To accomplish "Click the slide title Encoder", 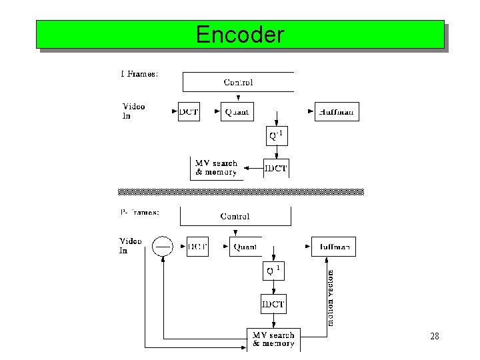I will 240,34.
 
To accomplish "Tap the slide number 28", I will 434,337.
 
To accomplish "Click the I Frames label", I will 139,74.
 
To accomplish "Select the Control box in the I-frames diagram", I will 238,82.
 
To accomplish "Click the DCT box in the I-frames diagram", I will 189,112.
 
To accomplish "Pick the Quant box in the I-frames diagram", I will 236,112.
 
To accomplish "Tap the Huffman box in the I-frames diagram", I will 337,112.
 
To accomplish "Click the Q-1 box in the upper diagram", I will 276,136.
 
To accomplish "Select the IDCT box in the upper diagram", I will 276,168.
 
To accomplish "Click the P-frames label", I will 139,212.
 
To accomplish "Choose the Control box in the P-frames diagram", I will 235,216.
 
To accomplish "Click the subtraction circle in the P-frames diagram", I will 163,247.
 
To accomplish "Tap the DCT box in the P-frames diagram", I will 197,247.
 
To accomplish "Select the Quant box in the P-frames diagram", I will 245,247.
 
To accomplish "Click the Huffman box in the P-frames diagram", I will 333,247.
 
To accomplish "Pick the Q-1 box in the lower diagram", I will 273,271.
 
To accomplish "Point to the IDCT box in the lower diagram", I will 273,305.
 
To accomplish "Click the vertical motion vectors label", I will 330,297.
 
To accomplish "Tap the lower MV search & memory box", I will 273,339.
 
